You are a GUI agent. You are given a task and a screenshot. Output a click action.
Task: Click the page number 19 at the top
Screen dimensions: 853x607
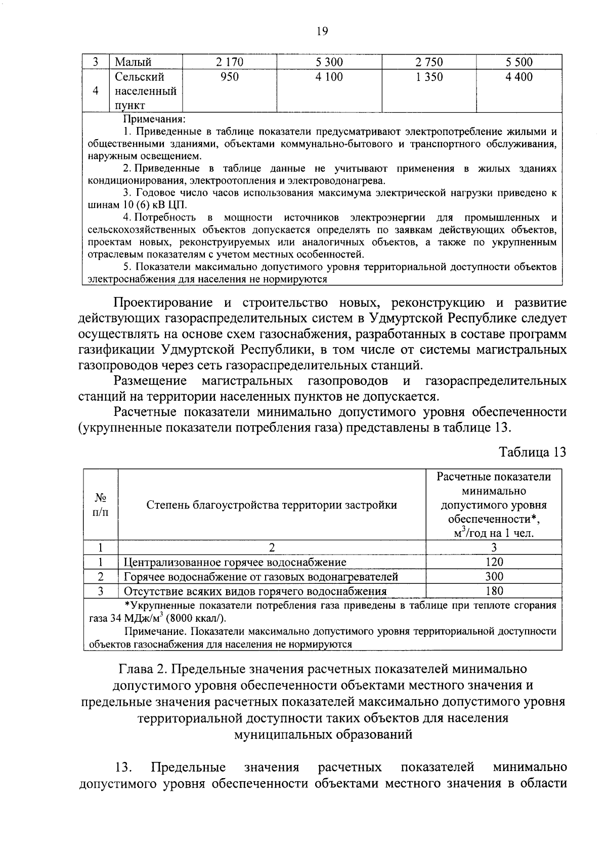pos(322,31)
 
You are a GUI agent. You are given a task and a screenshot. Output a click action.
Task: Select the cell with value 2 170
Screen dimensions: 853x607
pos(229,62)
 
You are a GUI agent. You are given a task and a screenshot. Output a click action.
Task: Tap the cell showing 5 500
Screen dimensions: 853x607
pos(518,62)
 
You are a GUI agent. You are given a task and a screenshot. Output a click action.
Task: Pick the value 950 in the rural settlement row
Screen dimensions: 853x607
pos(229,77)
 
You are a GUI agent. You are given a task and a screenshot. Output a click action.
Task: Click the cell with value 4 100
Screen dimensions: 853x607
pos(329,77)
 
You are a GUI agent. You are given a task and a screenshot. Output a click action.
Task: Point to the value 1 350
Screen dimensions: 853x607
pos(428,77)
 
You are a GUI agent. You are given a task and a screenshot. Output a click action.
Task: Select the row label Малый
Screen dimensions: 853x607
pos(133,62)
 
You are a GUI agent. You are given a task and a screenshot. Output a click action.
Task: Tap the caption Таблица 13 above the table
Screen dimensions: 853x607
pos(532,452)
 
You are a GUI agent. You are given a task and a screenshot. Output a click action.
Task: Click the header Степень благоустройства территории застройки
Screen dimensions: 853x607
pos(272,504)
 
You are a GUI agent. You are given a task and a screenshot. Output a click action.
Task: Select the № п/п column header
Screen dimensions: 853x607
pos(101,504)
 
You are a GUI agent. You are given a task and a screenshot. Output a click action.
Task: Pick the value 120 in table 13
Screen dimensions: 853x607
pos(494,562)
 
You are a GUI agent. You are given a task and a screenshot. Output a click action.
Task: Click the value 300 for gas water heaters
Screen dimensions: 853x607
pos(494,576)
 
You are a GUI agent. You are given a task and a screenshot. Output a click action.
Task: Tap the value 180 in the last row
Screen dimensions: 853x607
pos(494,591)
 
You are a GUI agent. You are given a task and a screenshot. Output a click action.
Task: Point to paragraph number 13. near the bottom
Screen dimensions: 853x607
pos(124,767)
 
